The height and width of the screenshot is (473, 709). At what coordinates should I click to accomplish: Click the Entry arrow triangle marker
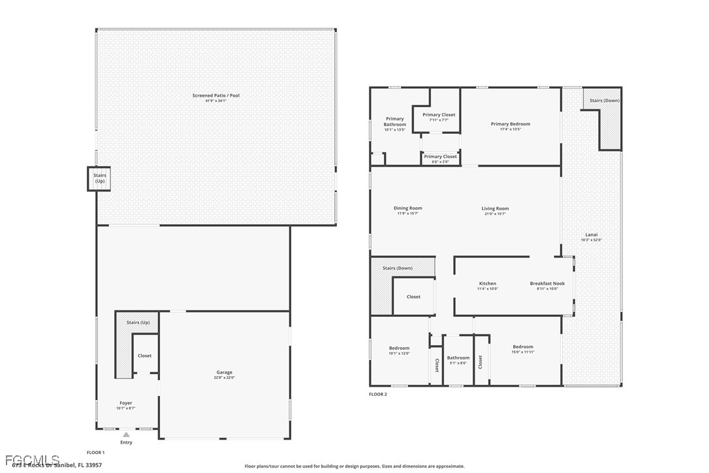(126, 434)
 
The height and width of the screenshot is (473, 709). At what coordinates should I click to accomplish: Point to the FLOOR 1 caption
(95, 452)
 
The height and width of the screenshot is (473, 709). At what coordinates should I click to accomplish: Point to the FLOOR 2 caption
(378, 394)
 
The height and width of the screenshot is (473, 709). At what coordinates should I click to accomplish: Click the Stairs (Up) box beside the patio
(99, 178)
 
